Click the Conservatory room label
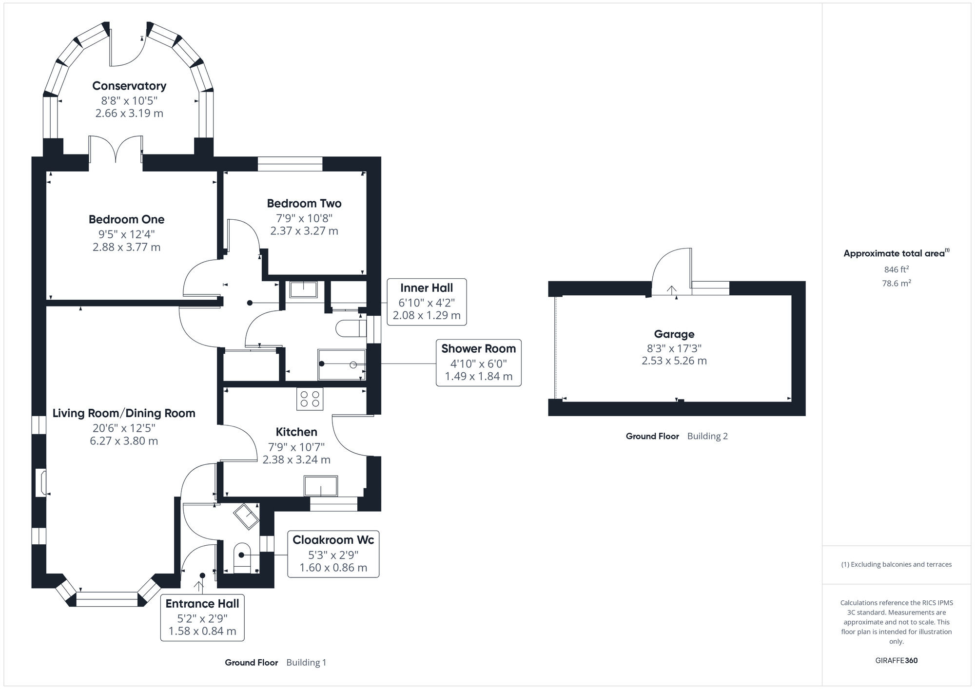click(x=129, y=86)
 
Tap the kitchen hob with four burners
click(x=310, y=399)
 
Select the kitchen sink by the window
click(x=320, y=486)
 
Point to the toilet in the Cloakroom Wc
click(x=242, y=558)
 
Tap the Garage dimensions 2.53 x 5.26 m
click(x=674, y=361)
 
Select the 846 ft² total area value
click(x=896, y=269)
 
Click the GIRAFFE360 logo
click(x=896, y=660)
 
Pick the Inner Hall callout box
click(x=427, y=302)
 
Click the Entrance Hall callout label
click(x=202, y=604)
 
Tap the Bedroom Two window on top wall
click(x=290, y=164)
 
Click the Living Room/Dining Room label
click(x=124, y=413)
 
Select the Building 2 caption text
click(x=707, y=436)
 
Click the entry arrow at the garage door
click(x=672, y=291)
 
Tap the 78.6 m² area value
click(x=896, y=283)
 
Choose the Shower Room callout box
click(x=478, y=363)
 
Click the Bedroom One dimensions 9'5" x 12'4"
click(x=127, y=234)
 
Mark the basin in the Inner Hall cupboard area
click(x=303, y=289)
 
